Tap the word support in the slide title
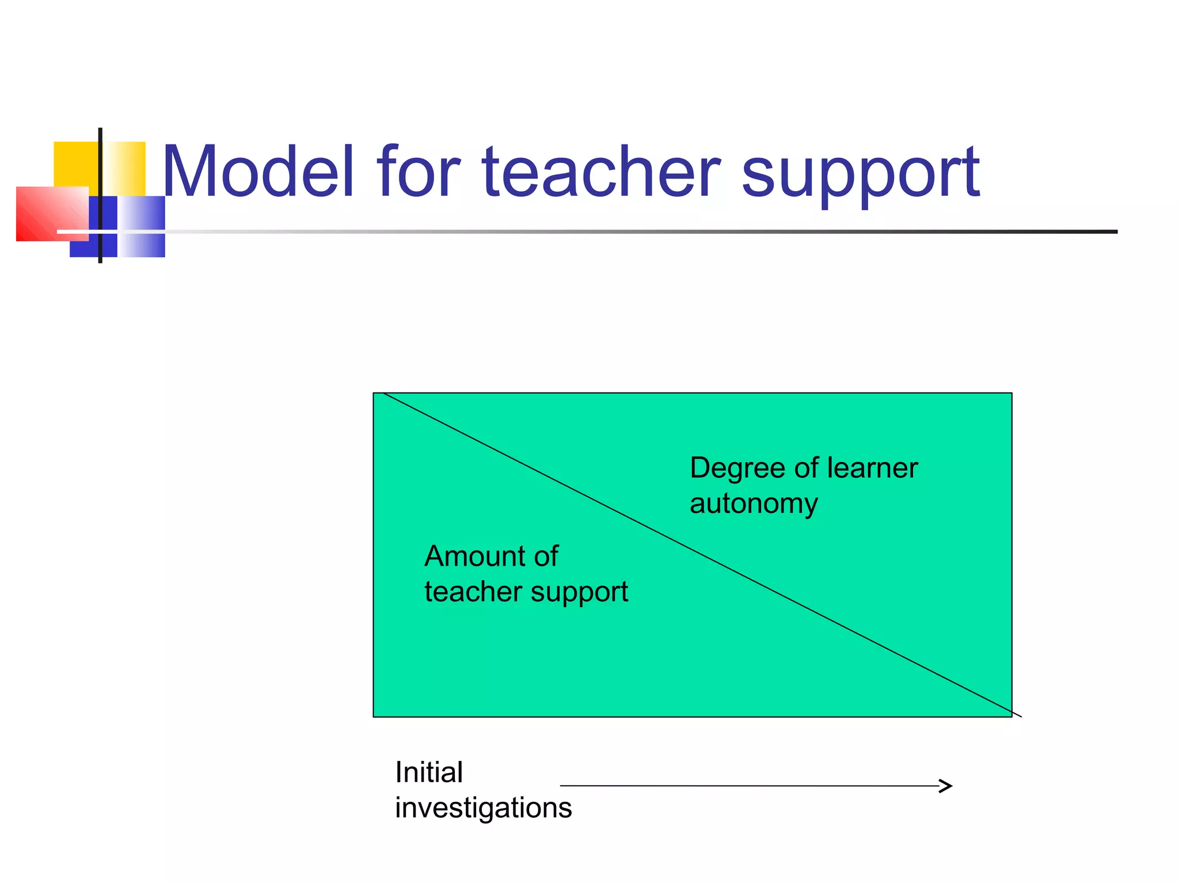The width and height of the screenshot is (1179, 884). click(860, 176)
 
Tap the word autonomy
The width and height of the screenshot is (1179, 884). click(754, 504)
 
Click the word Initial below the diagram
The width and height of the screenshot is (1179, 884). click(429, 772)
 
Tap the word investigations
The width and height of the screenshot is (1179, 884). click(484, 808)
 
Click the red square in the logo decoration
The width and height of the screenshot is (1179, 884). click(46, 213)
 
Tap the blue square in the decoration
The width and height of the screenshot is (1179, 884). click(141, 226)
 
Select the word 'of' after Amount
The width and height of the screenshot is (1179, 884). click(546, 557)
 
